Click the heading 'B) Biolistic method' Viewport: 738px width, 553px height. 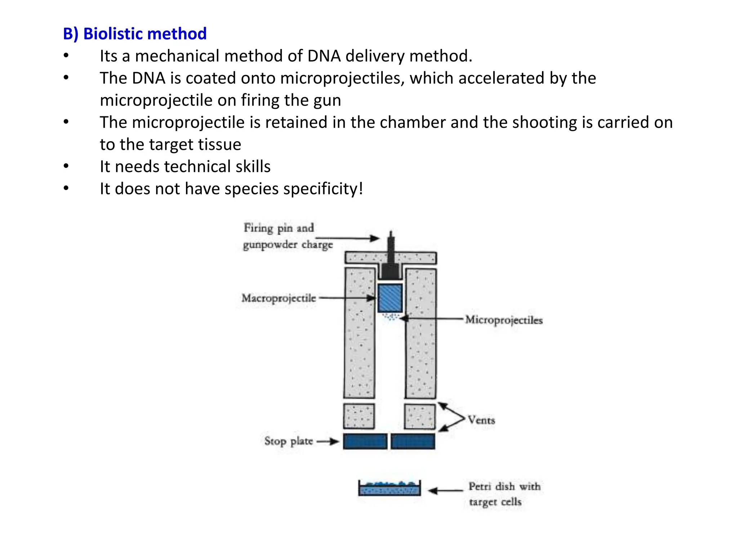[x=135, y=34]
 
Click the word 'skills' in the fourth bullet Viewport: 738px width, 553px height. [x=253, y=167]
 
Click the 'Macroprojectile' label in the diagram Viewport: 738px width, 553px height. [x=279, y=298]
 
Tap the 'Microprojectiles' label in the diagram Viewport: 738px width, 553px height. [x=503, y=320]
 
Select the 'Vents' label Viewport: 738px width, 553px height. [x=481, y=420]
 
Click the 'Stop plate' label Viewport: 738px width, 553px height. [x=288, y=441]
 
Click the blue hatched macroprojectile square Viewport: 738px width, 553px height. [x=390, y=298]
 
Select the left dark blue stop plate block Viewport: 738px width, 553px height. [x=365, y=441]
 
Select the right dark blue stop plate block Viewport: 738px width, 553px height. [x=413, y=441]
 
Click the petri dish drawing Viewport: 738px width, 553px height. [x=389, y=489]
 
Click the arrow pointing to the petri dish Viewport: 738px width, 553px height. [x=445, y=490]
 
